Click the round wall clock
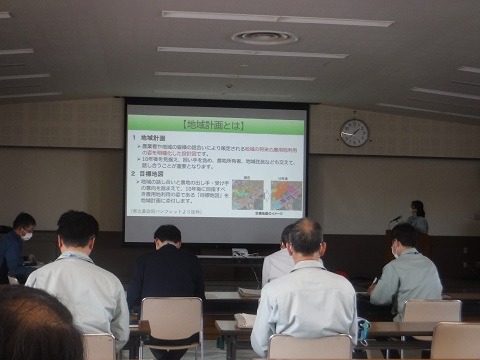coord(354,133)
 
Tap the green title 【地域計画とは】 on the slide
coord(215,125)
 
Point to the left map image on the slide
coord(248,194)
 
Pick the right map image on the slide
coord(285,194)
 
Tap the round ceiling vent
coord(264,37)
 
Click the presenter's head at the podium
coord(416,208)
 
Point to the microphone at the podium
coord(395,218)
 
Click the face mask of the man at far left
coord(27,236)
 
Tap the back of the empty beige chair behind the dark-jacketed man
coord(171,314)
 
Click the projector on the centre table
coord(240,252)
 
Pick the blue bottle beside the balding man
coord(362,331)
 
